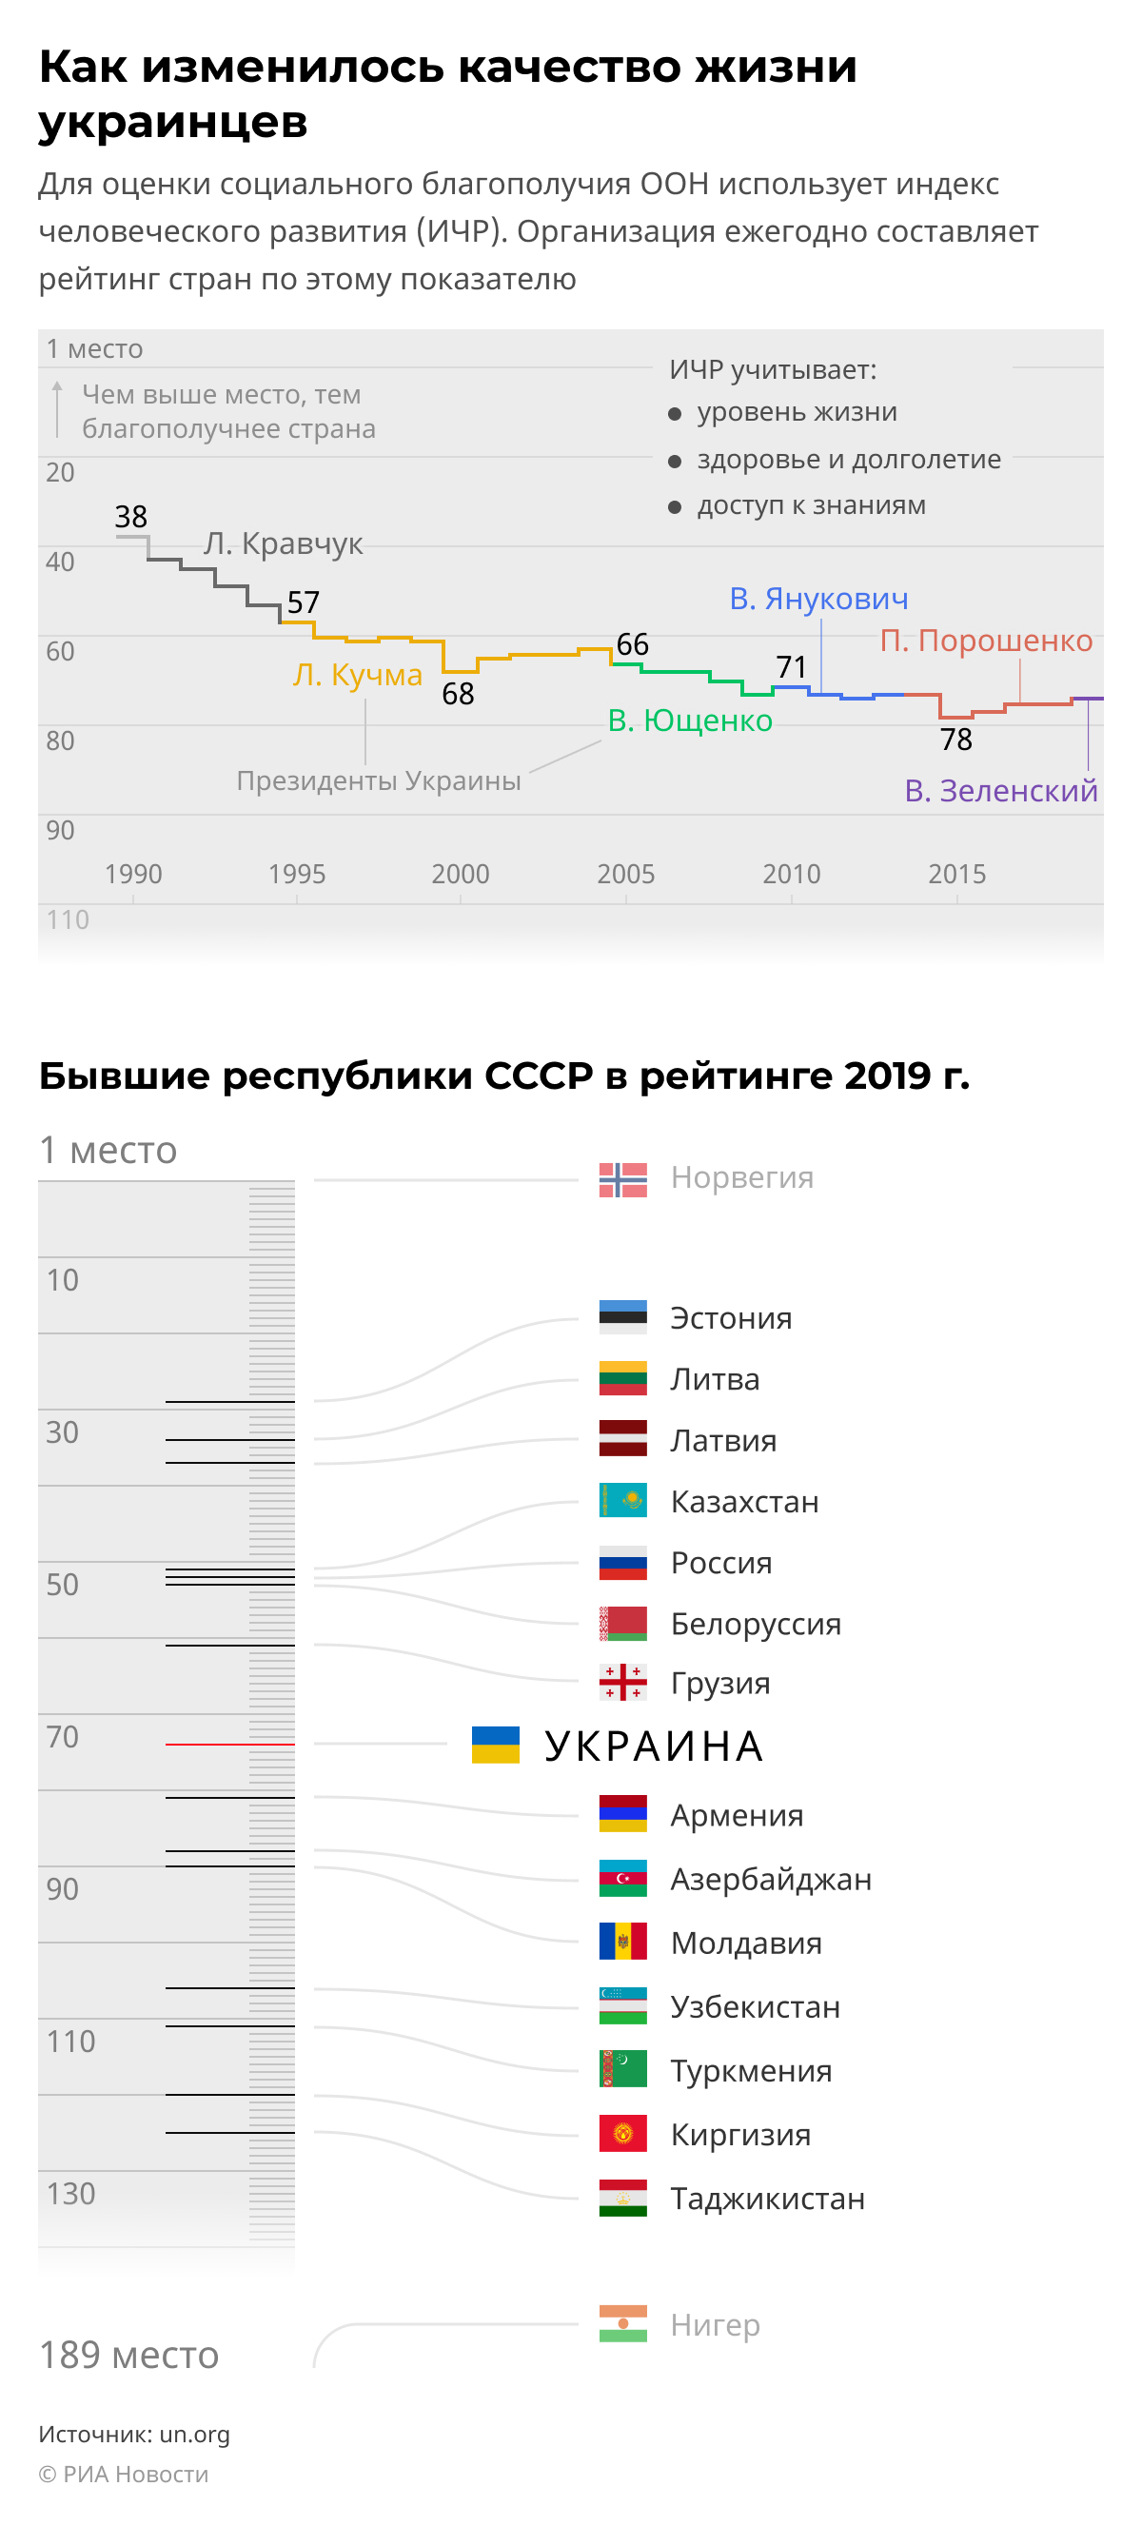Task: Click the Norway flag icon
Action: click(x=622, y=1179)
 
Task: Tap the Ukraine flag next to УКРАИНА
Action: click(x=495, y=1745)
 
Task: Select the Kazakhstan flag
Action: click(x=622, y=1500)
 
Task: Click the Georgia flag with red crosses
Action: click(x=622, y=1682)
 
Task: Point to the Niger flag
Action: click(x=622, y=2323)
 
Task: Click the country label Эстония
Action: click(x=730, y=1318)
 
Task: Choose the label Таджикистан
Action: click(x=766, y=2199)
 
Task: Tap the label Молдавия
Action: click(x=745, y=1943)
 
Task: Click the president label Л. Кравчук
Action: click(x=283, y=543)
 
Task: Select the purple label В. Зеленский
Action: click(x=1000, y=790)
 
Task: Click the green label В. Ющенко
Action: click(x=689, y=720)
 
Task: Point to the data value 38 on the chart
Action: click(x=130, y=517)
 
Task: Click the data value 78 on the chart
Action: click(x=955, y=740)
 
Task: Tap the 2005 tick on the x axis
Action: click(x=625, y=874)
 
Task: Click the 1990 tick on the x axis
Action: click(x=133, y=874)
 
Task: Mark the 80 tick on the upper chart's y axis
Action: click(x=60, y=740)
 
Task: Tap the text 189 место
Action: click(x=128, y=2355)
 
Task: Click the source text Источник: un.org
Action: click(x=134, y=2434)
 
